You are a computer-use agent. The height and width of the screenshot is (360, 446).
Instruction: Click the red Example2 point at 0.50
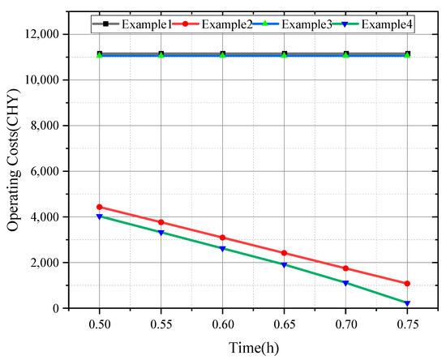tap(100, 207)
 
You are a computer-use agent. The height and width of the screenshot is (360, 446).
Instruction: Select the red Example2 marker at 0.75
tap(407, 284)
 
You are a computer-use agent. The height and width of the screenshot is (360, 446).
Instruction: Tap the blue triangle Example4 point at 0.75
tap(407, 303)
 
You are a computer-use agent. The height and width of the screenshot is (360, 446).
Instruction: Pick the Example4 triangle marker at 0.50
tap(100, 216)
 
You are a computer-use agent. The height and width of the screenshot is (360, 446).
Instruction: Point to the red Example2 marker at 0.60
tap(223, 238)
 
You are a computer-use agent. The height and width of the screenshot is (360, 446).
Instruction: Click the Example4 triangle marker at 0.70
tap(345, 283)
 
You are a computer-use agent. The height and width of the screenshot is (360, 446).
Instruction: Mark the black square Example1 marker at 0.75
tap(407, 54)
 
